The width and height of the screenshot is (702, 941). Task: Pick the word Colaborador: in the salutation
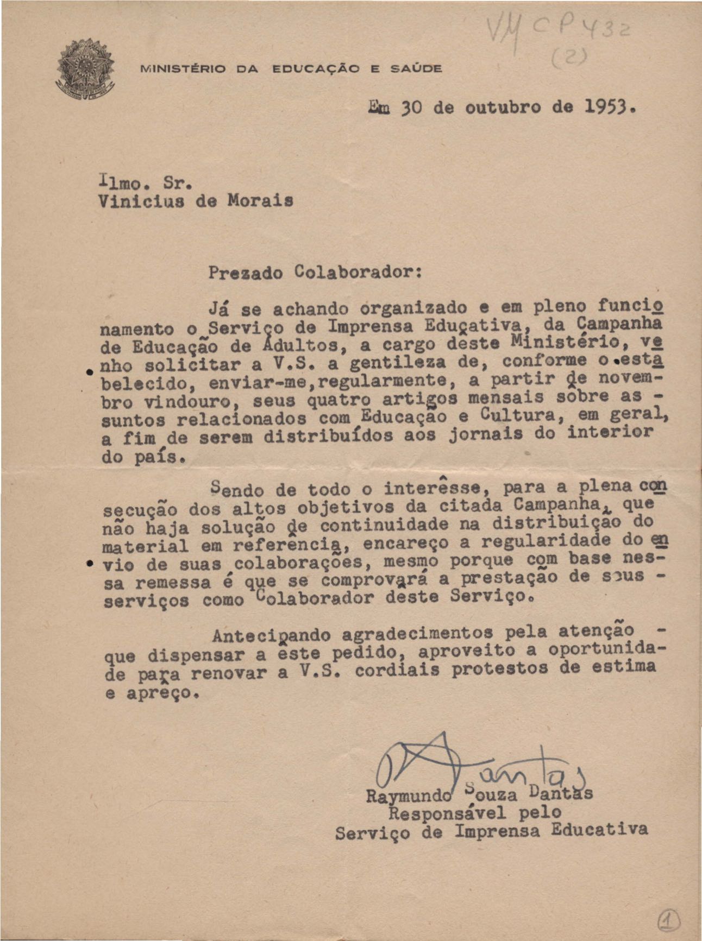tap(360, 271)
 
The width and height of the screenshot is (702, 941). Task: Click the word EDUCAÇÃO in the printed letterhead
tap(316, 69)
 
